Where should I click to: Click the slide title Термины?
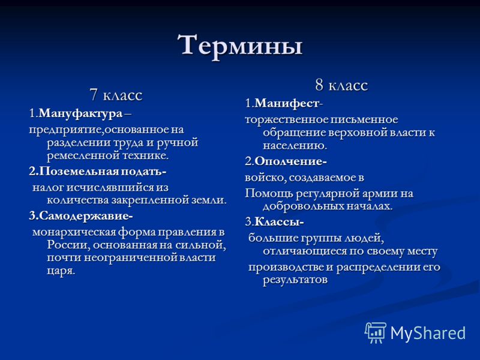(x=240, y=46)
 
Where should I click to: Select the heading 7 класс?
(x=116, y=95)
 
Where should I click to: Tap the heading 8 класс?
(x=341, y=85)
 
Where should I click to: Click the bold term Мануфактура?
(x=81, y=114)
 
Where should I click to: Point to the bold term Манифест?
(x=287, y=103)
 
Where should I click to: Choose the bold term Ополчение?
(x=289, y=161)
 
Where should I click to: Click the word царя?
(x=61, y=271)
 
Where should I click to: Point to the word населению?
(x=295, y=145)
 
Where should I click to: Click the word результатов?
(x=295, y=280)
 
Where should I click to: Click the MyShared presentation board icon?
(x=376, y=332)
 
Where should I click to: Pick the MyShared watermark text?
(x=428, y=332)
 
